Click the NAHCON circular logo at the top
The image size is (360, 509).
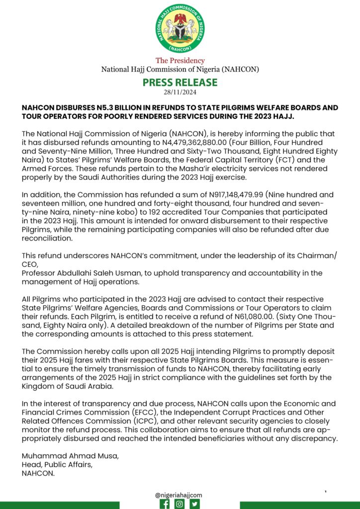tap(180, 28)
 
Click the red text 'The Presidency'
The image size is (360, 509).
tap(180, 61)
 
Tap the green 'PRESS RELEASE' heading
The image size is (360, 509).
tap(180, 82)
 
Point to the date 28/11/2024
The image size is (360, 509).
tap(180, 92)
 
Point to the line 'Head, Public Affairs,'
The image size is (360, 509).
tap(56, 465)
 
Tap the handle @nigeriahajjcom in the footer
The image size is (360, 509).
tap(179, 495)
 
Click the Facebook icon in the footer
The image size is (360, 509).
tap(164, 504)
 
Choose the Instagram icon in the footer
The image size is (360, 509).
tap(180, 504)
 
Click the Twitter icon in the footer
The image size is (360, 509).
tap(195, 504)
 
